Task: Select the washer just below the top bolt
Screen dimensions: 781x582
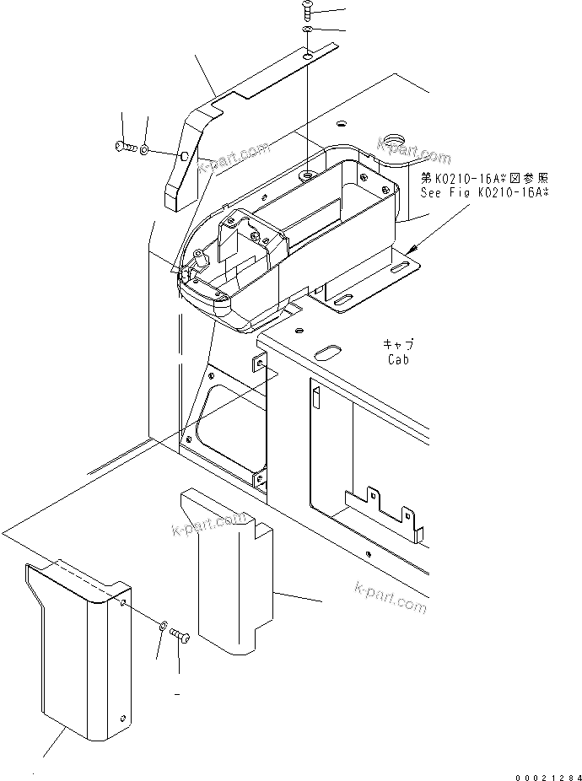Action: click(310, 31)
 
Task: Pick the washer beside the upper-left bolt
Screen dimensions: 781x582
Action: click(145, 149)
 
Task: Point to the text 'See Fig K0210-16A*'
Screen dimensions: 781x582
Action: click(485, 192)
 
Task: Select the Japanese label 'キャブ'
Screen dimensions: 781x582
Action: click(398, 344)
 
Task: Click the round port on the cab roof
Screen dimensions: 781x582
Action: click(392, 138)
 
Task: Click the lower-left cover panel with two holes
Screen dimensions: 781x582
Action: click(76, 649)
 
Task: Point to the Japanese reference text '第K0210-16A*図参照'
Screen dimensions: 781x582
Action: click(485, 178)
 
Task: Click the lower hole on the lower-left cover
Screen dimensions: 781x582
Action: click(123, 718)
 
